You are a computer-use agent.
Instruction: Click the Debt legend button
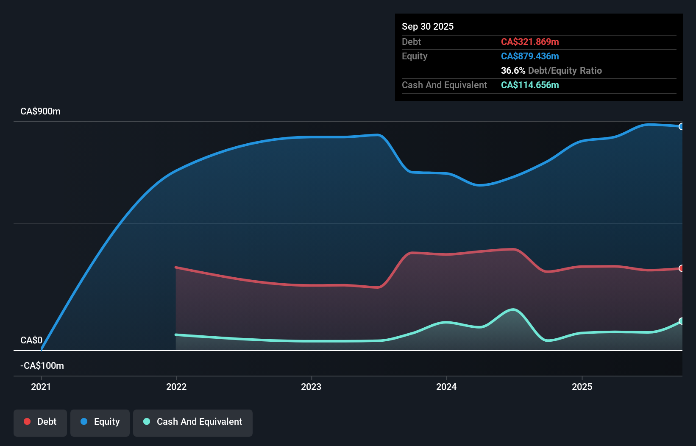tap(40, 422)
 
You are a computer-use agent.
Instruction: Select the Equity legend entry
tap(100, 422)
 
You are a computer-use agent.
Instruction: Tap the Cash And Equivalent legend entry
tap(193, 422)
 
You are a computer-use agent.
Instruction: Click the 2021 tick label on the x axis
tap(41, 387)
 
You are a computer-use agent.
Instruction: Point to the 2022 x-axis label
tap(176, 387)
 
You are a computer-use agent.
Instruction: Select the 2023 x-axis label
tap(311, 387)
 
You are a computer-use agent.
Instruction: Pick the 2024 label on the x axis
tap(446, 387)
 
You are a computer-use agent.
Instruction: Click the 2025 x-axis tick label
tap(582, 387)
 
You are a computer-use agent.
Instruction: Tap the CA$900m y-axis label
tap(40, 111)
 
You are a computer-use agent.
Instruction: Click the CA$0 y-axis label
tap(31, 340)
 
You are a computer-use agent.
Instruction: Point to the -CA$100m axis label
tap(42, 365)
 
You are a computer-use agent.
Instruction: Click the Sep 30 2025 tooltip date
tap(427, 27)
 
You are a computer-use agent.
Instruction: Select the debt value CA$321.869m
tap(529, 42)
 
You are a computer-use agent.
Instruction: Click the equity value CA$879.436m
tap(529, 56)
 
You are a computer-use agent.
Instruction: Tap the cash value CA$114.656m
tap(529, 85)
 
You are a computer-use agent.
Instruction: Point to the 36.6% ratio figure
tap(513, 71)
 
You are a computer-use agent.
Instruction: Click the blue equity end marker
tap(681, 127)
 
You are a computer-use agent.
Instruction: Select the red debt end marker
tap(681, 268)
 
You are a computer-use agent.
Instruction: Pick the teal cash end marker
tap(681, 321)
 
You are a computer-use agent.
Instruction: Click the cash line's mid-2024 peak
tap(513, 309)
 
